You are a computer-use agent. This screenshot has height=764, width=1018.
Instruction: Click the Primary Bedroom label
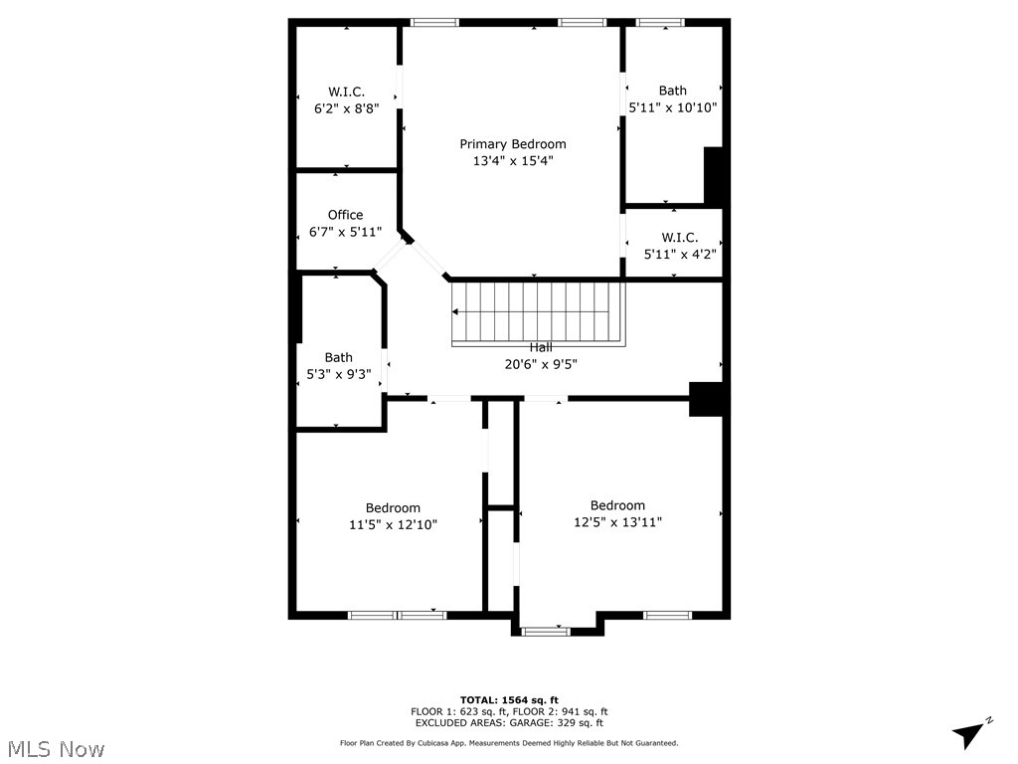coord(512,144)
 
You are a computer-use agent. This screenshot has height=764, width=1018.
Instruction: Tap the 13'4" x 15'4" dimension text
coord(512,160)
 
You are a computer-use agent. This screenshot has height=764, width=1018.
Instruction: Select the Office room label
coord(345,215)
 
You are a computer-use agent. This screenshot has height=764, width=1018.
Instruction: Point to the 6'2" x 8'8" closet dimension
coord(346,108)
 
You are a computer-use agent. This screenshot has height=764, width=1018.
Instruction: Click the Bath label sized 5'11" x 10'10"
coord(672,91)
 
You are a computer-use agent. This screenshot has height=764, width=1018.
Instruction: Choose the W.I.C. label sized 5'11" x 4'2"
coord(680,238)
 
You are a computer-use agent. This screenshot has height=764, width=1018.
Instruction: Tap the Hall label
coord(541,348)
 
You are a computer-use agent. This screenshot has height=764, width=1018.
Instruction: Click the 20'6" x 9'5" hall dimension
coord(541,364)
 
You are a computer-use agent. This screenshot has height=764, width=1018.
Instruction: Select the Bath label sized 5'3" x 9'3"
coord(338,358)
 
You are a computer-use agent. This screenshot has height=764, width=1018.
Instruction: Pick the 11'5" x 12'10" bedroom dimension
coord(393,524)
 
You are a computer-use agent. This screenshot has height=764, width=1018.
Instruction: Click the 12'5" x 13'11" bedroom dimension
coord(617,521)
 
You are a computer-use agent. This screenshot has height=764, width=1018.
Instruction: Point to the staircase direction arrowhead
coord(456,311)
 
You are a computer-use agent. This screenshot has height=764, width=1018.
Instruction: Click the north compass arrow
coord(968,734)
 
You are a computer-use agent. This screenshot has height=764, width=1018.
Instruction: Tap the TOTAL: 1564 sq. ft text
coord(509,699)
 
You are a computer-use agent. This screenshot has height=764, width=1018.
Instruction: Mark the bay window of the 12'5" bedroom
coord(546,630)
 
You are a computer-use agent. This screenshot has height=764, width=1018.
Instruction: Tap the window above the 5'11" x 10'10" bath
coord(659,22)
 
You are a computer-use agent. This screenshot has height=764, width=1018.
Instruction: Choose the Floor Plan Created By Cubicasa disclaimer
coord(509,743)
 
